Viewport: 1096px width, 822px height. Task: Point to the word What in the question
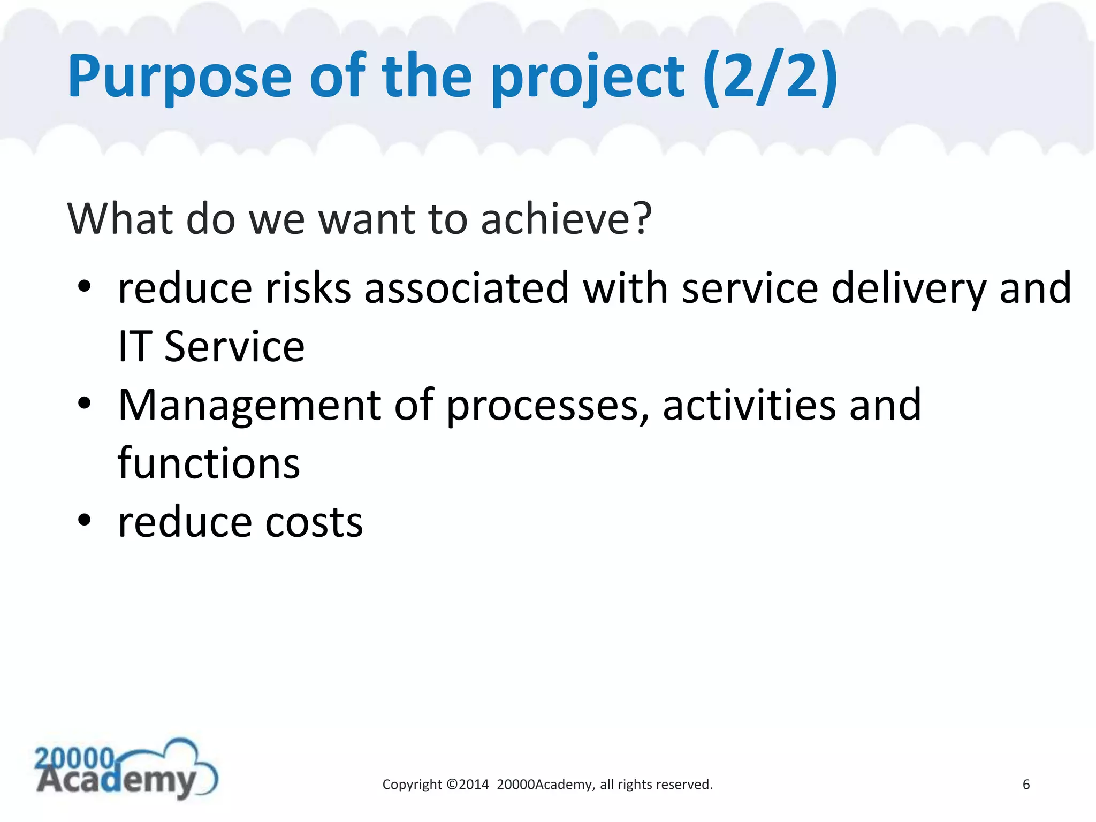pyautogui.click(x=120, y=219)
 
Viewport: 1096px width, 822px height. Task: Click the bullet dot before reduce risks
pyautogui.click(x=85, y=287)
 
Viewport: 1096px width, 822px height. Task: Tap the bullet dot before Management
pyautogui.click(x=85, y=404)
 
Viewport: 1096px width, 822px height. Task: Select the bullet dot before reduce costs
pyautogui.click(x=85, y=521)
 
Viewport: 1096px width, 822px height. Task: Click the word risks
pyautogui.click(x=308, y=289)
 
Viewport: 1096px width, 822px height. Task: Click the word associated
pyautogui.click(x=466, y=289)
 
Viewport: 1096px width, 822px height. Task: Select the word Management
pyautogui.click(x=249, y=406)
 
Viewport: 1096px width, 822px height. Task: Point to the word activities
pyautogui.click(x=749, y=406)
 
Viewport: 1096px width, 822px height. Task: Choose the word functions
pyautogui.click(x=209, y=463)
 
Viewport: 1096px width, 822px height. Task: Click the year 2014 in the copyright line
pyautogui.click(x=474, y=785)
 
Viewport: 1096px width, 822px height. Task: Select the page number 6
pyautogui.click(x=1026, y=785)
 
